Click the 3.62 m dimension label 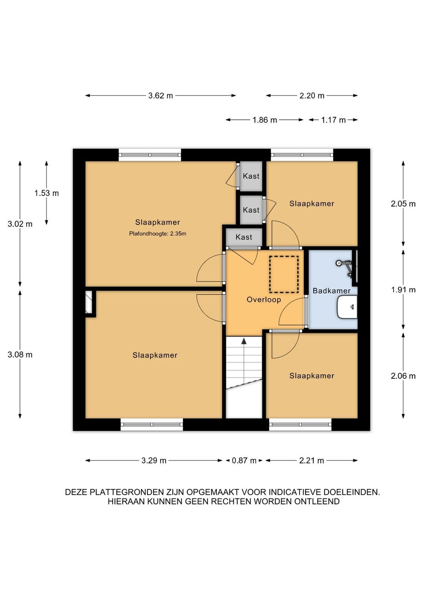161,95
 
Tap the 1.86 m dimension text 265,120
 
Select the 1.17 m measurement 333,120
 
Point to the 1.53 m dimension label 47,193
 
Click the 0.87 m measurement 244,460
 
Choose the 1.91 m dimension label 403,290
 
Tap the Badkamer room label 331,291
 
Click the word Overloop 264,300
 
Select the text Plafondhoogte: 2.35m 158,234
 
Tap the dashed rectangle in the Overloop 284,274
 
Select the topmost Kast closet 251,176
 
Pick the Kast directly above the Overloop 244,237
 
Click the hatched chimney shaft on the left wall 89,302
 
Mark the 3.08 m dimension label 20,354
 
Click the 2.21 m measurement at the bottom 311,460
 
